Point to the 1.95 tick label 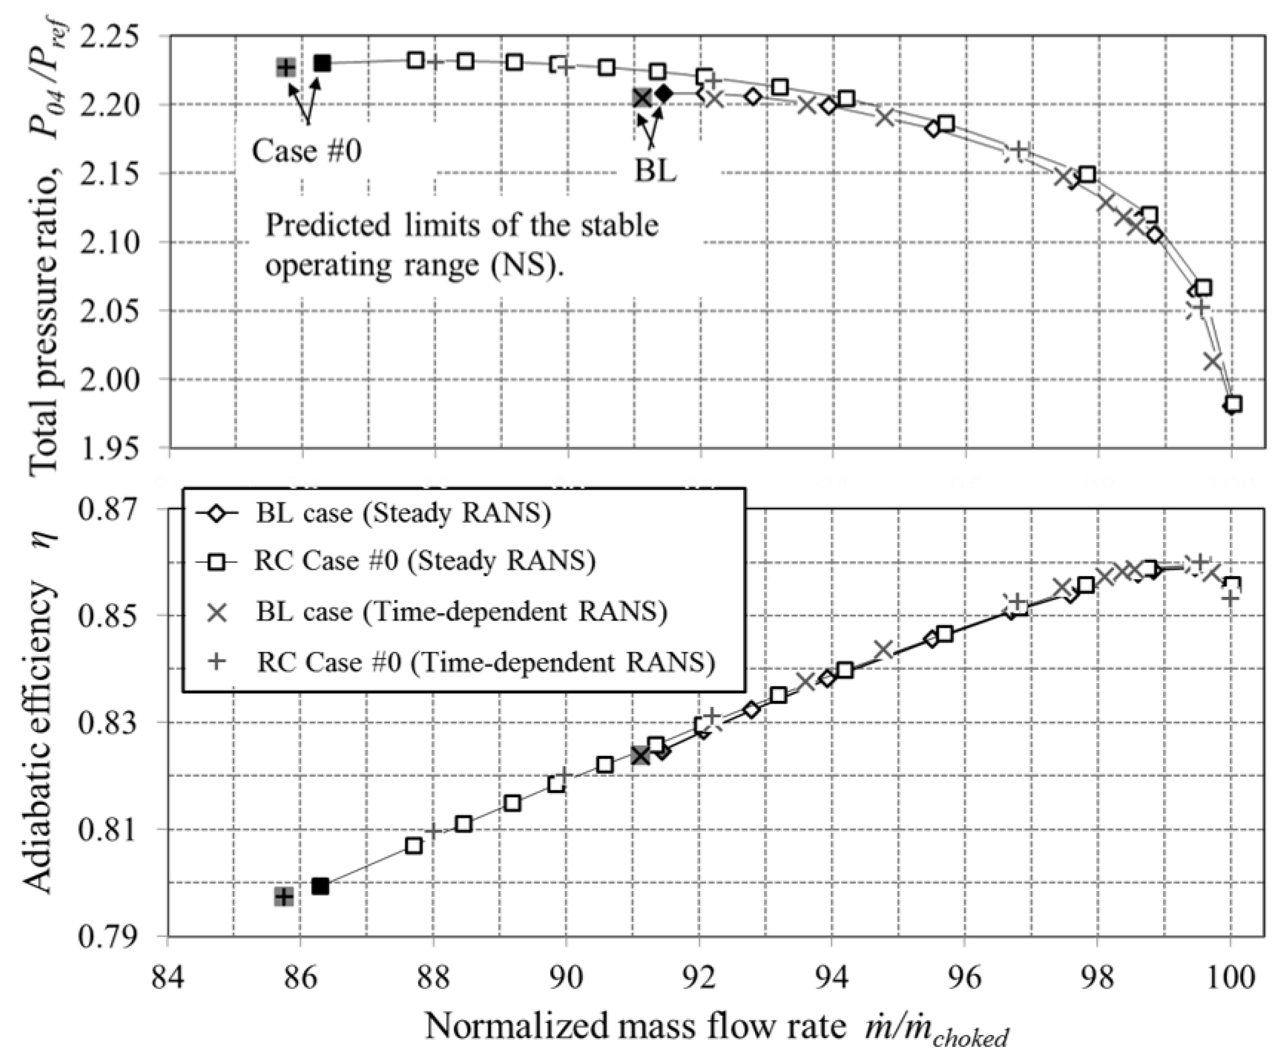pos(116,448)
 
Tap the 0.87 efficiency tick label pos(116,509)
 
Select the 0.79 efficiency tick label pos(116,936)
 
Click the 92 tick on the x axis pos(699,978)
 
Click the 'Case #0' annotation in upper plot pos(307,150)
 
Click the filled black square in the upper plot pos(322,63)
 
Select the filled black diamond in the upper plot pos(664,94)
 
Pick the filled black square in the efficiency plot pos(320,886)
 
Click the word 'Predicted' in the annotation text pos(328,225)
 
